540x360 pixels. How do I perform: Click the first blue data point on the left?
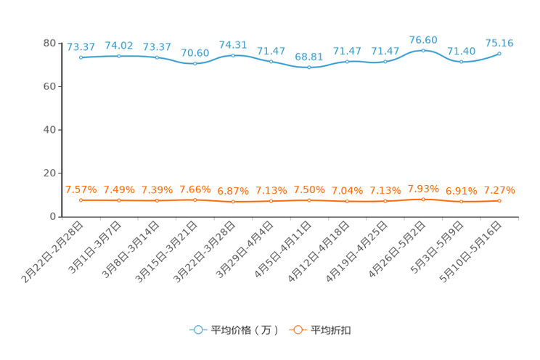(x=81, y=57)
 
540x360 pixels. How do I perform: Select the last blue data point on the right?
(x=499, y=53)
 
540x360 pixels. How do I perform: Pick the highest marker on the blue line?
(x=423, y=50)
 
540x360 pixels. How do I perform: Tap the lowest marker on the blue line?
(x=309, y=67)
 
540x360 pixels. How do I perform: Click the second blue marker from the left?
(x=118, y=56)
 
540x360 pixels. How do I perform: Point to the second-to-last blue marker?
(x=461, y=62)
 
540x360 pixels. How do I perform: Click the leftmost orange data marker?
(x=81, y=200)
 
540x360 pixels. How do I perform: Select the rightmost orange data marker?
(x=499, y=200)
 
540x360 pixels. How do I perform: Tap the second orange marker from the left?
(x=118, y=200)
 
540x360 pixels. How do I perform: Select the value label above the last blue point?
(x=499, y=43)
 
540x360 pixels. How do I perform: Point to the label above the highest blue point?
(x=423, y=39)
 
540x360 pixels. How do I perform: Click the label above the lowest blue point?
(x=309, y=57)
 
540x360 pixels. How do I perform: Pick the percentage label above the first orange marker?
(x=81, y=189)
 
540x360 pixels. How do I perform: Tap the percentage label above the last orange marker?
(x=499, y=190)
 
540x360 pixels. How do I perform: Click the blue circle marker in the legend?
(x=197, y=330)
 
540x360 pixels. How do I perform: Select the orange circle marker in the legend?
(x=298, y=330)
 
